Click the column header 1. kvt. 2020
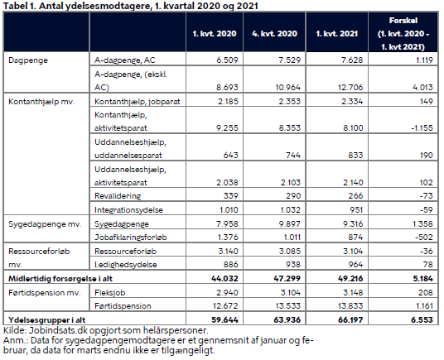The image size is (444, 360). (215, 34)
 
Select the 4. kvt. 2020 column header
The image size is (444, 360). (274, 34)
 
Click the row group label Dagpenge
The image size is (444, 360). (28, 60)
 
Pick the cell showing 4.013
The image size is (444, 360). (422, 88)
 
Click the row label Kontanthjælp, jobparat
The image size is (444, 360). (138, 102)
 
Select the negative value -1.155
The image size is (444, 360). (422, 128)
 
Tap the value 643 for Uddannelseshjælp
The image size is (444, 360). (230, 156)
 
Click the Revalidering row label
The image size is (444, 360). (118, 196)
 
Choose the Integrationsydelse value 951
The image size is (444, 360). (356, 210)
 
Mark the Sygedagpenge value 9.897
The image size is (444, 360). (289, 224)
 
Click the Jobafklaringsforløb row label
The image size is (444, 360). (131, 238)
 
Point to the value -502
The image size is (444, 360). (424, 238)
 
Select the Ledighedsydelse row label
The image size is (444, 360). (125, 265)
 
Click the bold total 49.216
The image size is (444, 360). (350, 279)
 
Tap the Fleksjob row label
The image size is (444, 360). (110, 293)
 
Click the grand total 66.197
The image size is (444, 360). (350, 320)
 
